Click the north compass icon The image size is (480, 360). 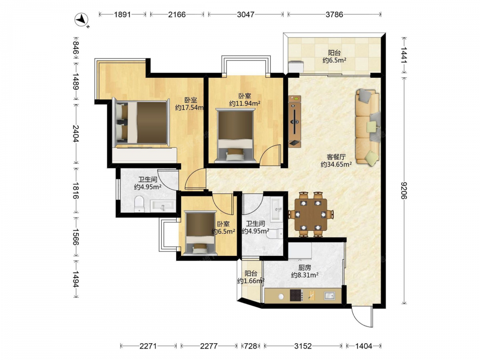pos(82,20)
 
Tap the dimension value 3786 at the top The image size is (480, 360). pos(334,14)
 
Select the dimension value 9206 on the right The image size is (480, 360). pos(404,190)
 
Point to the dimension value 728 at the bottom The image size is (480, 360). pos(251,346)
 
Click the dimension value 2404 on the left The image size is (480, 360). pos(76,134)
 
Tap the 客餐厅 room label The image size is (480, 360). pos(336,157)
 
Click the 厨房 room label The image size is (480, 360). pos(305,267)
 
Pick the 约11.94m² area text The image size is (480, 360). pos(245,104)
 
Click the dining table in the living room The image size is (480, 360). pos(311,215)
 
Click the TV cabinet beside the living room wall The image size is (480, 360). pos(295,121)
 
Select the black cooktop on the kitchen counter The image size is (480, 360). pos(296,296)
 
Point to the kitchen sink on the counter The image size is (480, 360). pos(329,296)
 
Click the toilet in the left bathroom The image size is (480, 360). pos(139,204)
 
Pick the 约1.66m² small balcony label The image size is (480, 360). pos(251,281)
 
